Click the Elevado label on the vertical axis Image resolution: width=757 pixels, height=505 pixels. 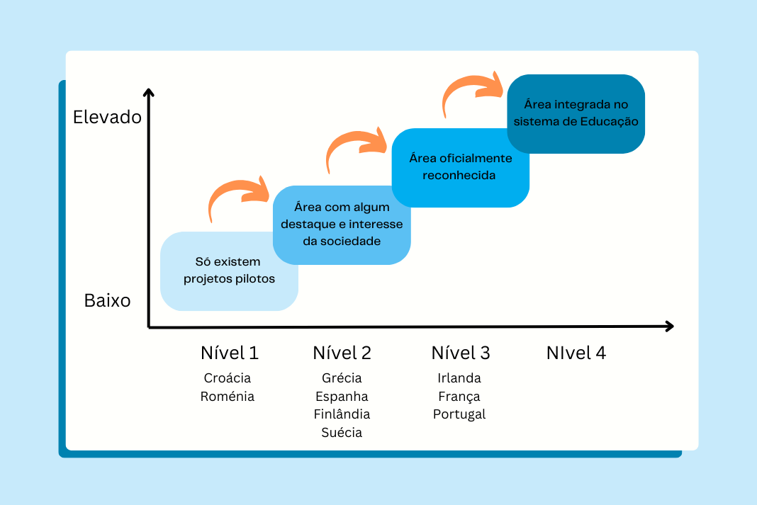[107, 117]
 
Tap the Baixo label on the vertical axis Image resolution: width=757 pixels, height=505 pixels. [107, 300]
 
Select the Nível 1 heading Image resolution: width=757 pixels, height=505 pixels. [230, 353]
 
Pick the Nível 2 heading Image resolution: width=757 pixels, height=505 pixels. [342, 353]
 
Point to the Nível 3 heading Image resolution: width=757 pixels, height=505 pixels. [461, 353]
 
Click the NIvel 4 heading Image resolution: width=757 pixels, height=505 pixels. [576, 353]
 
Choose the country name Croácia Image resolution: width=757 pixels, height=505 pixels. [228, 378]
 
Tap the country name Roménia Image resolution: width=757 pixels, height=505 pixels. [228, 396]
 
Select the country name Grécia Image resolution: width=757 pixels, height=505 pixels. [342, 378]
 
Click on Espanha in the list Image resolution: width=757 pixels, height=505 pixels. [342, 397]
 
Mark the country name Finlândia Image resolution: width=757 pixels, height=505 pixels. [342, 414]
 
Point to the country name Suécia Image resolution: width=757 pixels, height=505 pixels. [342, 432]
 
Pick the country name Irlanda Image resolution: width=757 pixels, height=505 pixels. [459, 378]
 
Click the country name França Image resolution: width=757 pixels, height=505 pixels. [459, 397]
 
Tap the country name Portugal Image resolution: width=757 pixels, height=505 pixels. [459, 414]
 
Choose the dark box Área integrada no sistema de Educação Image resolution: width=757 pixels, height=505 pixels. [576, 114]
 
